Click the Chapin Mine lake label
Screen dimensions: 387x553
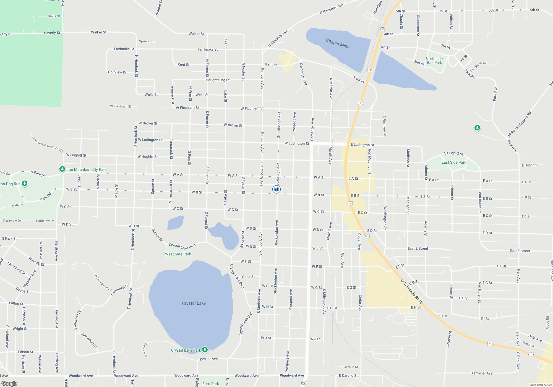point(338,43)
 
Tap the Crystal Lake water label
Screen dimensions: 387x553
point(194,303)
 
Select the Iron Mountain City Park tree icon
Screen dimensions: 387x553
point(62,169)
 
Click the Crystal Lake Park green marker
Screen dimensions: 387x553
point(205,350)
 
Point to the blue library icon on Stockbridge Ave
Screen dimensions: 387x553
point(276,189)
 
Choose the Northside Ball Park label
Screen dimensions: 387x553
point(434,61)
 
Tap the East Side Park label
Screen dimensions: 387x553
point(454,162)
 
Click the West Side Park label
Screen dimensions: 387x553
point(178,254)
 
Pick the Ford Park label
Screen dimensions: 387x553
point(210,384)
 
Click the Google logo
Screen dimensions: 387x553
point(9,384)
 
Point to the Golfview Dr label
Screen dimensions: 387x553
point(117,72)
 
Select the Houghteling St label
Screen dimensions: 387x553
point(218,80)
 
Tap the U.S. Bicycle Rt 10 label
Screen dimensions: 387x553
point(412,292)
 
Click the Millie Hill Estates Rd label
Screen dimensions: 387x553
point(519,124)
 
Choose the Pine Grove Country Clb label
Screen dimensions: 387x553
point(47,145)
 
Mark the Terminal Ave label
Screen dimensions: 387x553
point(482,373)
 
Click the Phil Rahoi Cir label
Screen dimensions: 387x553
point(479,66)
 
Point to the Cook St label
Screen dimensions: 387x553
point(248,277)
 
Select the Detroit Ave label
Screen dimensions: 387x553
point(209,359)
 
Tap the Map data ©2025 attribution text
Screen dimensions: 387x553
point(541,385)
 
